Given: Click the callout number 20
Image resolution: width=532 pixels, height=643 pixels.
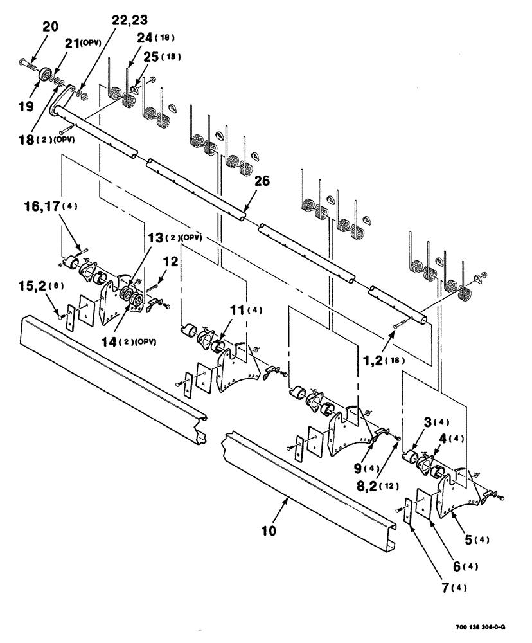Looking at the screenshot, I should pyautogui.click(x=50, y=26).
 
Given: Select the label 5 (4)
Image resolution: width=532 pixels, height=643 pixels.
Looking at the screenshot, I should pyautogui.click(x=477, y=539).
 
